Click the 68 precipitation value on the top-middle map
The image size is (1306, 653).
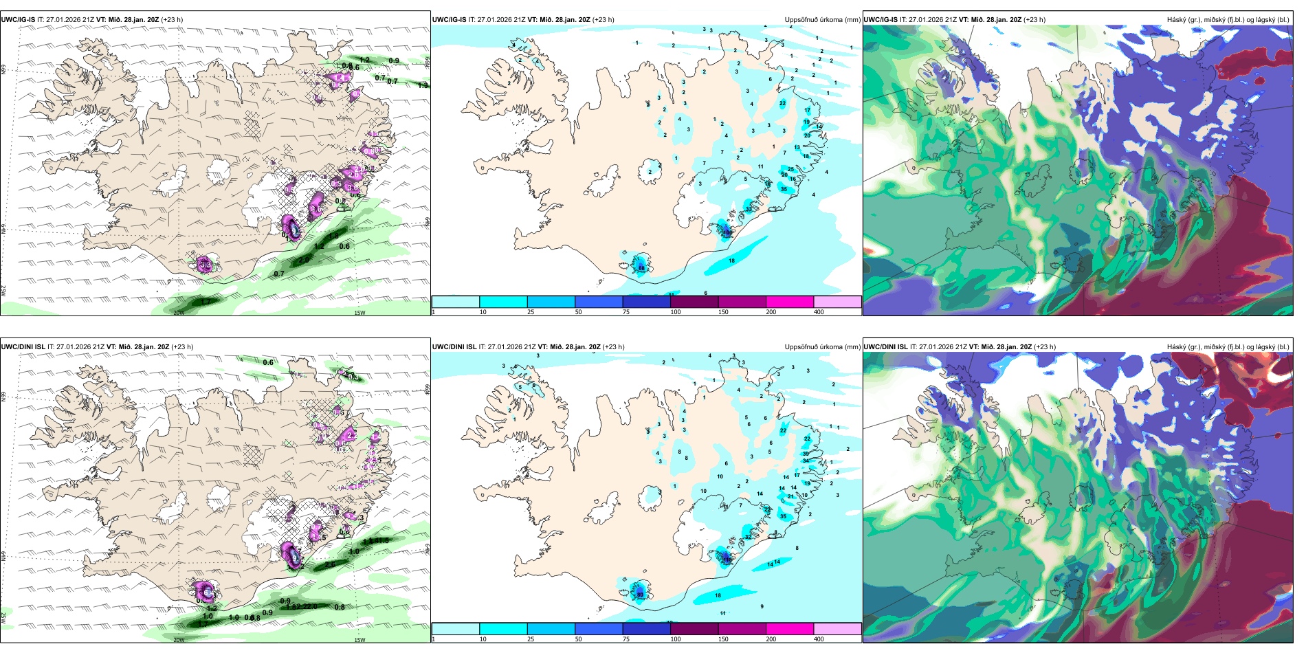(641, 267)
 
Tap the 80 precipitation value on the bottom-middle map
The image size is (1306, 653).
(640, 595)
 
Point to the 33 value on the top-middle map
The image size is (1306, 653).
(749, 209)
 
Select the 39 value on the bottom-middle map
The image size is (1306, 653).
(806, 454)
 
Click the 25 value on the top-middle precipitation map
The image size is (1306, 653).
(790, 169)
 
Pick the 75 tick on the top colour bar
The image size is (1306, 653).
(626, 312)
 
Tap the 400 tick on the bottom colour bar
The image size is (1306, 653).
(819, 639)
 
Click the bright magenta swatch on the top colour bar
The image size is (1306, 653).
(789, 302)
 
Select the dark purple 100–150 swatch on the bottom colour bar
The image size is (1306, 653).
(694, 629)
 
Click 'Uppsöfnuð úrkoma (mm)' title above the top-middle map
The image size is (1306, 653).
(822, 20)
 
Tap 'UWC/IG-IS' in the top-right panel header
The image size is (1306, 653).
(881, 20)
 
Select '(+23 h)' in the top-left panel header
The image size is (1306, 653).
(171, 20)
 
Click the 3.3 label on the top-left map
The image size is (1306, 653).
(205, 264)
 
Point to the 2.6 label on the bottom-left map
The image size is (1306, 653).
(330, 564)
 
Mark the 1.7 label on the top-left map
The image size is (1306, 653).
(205, 302)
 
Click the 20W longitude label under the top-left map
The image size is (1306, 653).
(179, 313)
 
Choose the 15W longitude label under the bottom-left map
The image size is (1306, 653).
(359, 640)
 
